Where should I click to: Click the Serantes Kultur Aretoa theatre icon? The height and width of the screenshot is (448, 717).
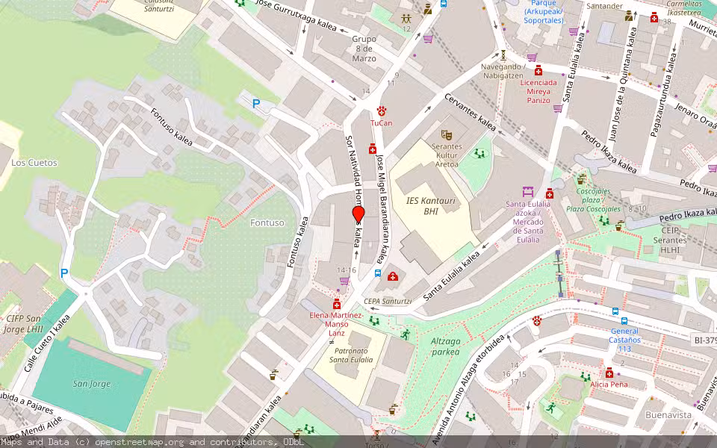(x=447, y=134)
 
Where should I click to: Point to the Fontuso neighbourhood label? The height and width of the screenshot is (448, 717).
(x=267, y=223)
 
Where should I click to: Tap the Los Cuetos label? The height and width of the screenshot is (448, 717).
(x=34, y=162)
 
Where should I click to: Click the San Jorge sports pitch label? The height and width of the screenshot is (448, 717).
(x=91, y=384)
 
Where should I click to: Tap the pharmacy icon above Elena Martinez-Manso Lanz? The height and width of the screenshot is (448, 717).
(x=336, y=304)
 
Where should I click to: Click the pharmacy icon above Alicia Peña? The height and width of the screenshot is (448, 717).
(x=609, y=373)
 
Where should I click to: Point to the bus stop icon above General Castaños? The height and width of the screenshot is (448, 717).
(x=615, y=311)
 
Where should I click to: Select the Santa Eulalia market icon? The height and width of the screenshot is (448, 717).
(x=528, y=192)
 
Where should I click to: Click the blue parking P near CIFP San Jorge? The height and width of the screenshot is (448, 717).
(x=64, y=274)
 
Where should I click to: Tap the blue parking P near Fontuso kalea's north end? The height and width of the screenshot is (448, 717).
(x=256, y=105)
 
